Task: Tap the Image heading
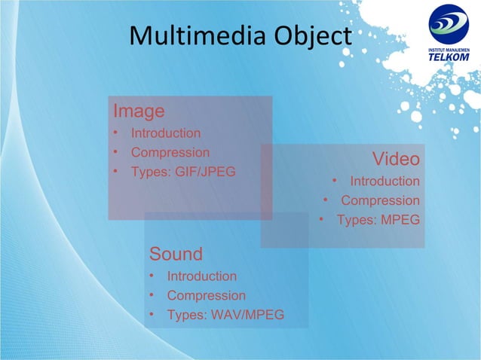tap(139, 111)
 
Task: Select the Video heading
tap(396, 159)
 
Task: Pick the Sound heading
tap(176, 252)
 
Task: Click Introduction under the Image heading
tap(166, 133)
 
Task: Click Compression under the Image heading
tap(170, 152)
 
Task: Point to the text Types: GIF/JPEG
tap(183, 171)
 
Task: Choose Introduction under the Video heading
tap(384, 182)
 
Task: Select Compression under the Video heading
tap(380, 201)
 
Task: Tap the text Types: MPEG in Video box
tap(378, 220)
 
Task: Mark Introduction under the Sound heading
tap(201, 276)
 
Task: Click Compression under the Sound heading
tap(206, 295)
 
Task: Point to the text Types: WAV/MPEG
tap(225, 314)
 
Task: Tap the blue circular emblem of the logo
tap(449, 25)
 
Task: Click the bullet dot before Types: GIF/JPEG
tap(116, 171)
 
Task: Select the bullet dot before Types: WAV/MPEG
tap(152, 314)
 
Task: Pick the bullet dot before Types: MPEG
tap(321, 220)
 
